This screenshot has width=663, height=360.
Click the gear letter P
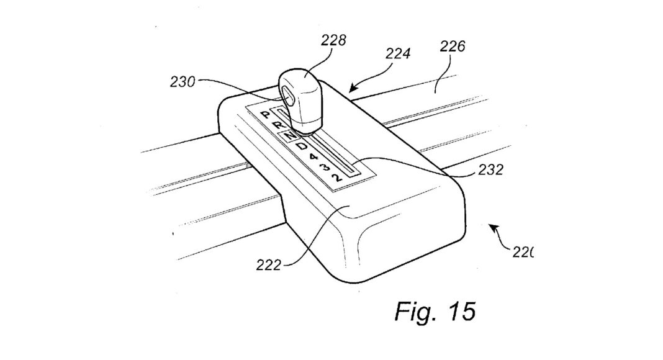(x=265, y=115)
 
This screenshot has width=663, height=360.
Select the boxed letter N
(x=289, y=135)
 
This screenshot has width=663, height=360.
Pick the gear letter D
(x=301, y=148)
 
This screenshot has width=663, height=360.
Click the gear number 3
(x=323, y=167)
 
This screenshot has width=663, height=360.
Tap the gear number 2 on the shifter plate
(x=336, y=178)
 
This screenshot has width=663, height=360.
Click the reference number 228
(x=334, y=42)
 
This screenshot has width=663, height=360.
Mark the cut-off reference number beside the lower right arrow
(x=523, y=252)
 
